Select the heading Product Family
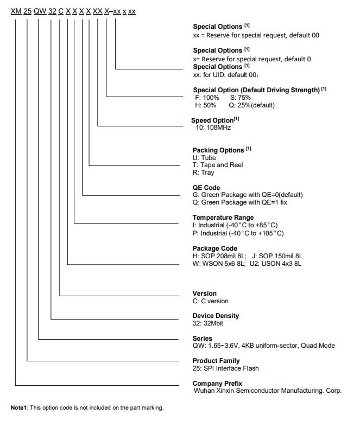(x=216, y=361)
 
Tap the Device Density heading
(x=216, y=316)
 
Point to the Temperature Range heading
(x=223, y=218)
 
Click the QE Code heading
(x=206, y=188)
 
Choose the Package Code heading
(x=215, y=248)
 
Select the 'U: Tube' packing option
(x=205, y=158)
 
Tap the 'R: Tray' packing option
(x=204, y=173)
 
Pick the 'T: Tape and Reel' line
(x=218, y=165)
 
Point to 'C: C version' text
(x=211, y=301)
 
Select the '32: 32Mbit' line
(x=208, y=323)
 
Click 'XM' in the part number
(x=16, y=11)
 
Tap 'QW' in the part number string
(x=40, y=11)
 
